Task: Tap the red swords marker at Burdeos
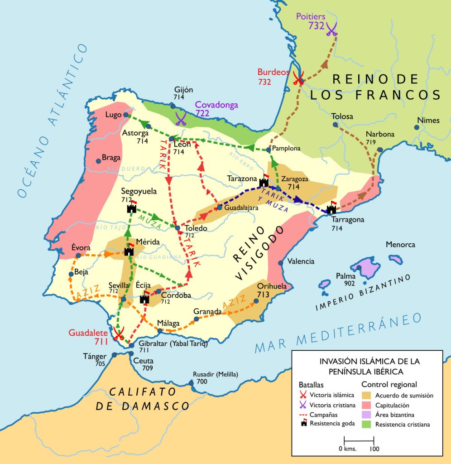[x=298, y=78]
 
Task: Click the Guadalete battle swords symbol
[x=119, y=334]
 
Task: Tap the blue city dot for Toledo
[x=178, y=227]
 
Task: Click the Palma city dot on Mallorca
[x=359, y=267]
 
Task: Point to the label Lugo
[x=114, y=115]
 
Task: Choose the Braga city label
[x=111, y=158]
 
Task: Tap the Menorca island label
[x=400, y=245]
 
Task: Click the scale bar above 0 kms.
[x=359, y=440]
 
